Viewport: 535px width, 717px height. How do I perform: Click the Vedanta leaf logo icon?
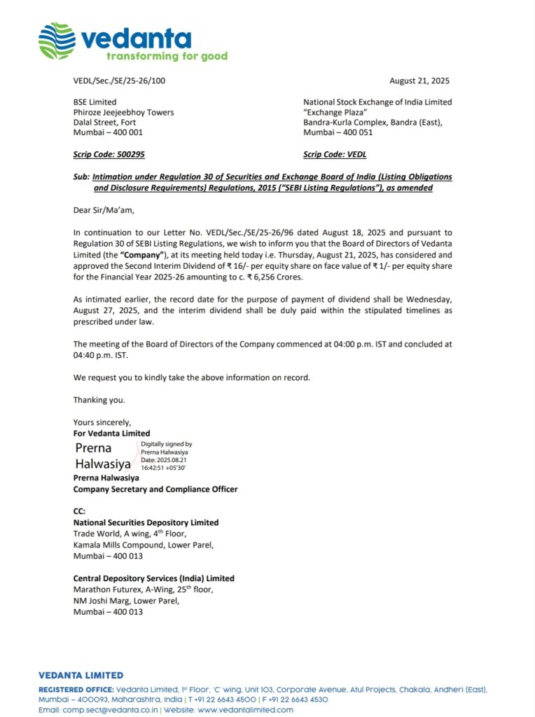point(56,41)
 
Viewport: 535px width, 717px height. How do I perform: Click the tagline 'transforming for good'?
point(167,56)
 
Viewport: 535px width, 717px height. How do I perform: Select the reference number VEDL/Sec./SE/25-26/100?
point(119,81)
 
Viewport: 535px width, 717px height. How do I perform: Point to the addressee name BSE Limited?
point(95,102)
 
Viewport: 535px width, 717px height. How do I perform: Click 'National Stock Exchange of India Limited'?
point(377,102)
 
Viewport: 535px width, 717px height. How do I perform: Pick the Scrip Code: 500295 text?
point(109,154)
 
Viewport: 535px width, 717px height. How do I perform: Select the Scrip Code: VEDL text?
point(335,154)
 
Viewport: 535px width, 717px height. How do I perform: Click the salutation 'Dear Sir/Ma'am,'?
point(103,209)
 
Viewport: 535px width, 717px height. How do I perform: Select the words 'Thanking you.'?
point(99,400)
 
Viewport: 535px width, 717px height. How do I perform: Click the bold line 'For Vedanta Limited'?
point(111,433)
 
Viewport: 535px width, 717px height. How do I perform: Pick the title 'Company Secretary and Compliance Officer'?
point(155,489)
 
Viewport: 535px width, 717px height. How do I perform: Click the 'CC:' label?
point(79,512)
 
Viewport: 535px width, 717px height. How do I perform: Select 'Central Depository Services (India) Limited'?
point(153,578)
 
